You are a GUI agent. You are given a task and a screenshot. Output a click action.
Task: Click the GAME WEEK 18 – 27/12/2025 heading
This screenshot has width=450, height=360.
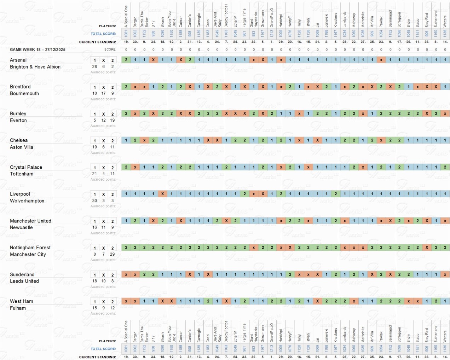(37, 50)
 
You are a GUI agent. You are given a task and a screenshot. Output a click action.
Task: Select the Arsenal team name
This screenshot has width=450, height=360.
(18, 60)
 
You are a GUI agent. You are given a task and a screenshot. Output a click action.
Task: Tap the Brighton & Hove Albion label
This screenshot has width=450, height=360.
(35, 66)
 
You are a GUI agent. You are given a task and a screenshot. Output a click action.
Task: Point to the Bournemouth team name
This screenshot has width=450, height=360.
(24, 93)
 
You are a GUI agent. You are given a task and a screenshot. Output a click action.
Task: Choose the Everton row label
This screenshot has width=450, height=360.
(18, 120)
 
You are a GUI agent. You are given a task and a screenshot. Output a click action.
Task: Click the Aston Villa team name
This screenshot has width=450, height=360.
(21, 147)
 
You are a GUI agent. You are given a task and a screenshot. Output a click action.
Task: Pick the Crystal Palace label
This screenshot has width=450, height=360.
(26, 167)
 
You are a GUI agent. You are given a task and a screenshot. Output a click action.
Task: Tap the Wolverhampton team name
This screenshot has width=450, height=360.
(27, 201)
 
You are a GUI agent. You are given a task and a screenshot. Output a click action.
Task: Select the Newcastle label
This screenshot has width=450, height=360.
(21, 227)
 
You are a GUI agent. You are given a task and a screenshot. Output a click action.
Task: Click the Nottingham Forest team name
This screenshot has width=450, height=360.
(30, 248)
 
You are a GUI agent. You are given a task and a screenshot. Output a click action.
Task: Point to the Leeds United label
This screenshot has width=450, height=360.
(24, 281)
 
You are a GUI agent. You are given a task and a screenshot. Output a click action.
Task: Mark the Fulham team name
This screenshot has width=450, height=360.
(18, 308)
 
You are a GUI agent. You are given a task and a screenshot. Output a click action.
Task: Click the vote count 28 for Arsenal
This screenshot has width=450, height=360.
(94, 66)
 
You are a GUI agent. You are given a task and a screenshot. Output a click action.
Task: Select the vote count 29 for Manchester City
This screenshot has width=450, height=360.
(112, 254)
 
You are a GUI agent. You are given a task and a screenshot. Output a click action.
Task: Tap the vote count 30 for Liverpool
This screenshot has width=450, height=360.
(94, 201)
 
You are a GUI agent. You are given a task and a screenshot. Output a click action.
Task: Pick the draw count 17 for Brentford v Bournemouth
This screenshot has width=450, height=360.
(103, 93)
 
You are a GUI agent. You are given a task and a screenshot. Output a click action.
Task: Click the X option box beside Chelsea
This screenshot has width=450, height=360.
(103, 141)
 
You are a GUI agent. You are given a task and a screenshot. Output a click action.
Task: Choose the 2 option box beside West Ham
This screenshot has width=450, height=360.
(112, 302)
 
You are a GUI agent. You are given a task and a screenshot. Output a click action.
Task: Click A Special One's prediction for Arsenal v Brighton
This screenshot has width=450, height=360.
(126, 60)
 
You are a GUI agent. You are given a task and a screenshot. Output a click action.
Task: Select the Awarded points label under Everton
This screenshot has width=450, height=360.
(103, 126)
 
